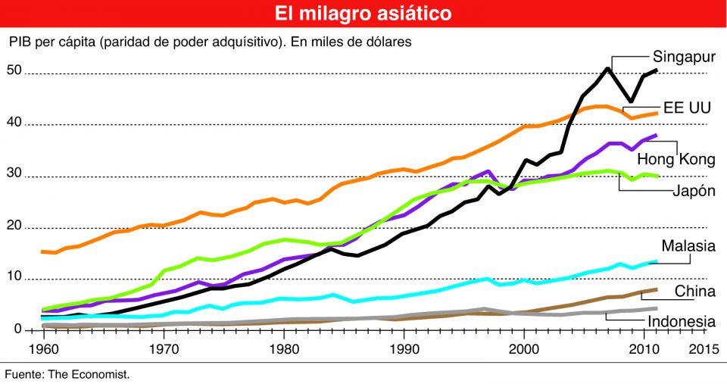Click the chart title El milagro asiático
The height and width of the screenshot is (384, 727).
click(363, 14)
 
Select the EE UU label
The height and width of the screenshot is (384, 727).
click(687, 108)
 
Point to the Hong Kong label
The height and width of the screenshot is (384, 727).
click(676, 159)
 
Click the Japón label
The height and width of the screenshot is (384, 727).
click(692, 190)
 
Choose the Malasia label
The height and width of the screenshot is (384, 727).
click(688, 245)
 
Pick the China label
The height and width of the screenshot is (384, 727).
click(694, 292)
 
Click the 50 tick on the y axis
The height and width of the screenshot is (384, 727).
click(14, 71)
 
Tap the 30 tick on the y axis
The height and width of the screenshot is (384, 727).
click(14, 175)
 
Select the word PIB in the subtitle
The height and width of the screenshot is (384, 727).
click(20, 42)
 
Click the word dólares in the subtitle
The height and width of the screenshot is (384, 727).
click(388, 42)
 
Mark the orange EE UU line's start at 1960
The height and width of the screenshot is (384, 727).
click(43, 251)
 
